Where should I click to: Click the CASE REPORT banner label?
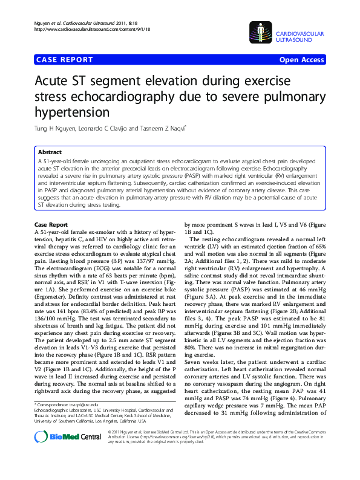(64, 60)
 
